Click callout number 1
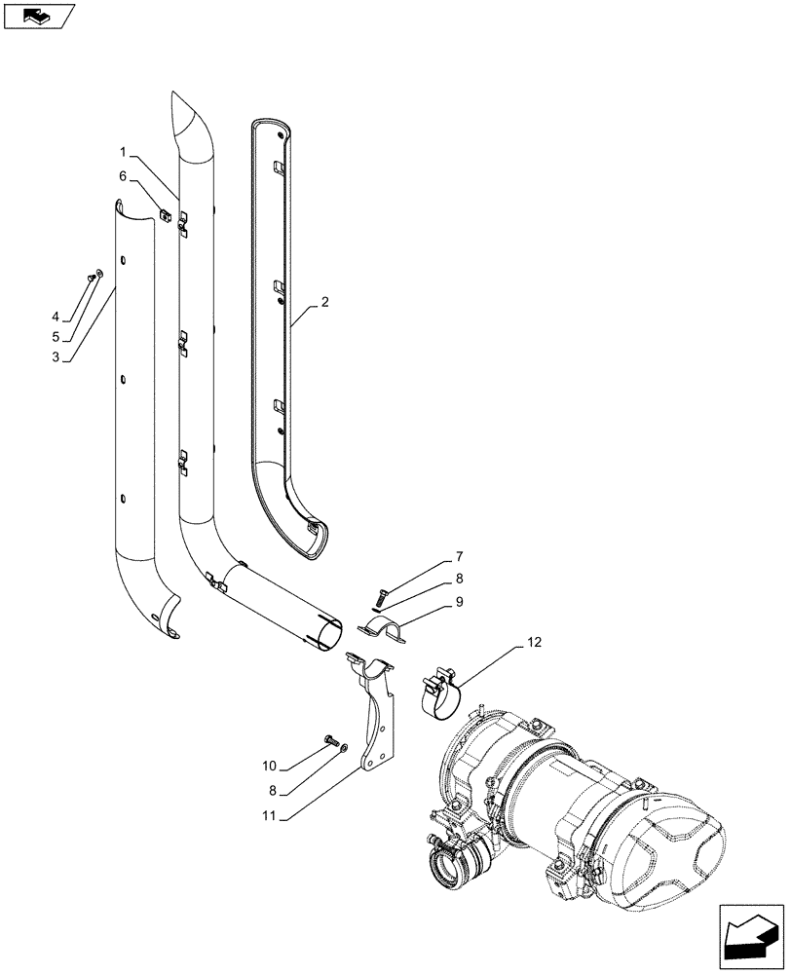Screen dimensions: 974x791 pos(124,152)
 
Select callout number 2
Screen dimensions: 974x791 pos(324,302)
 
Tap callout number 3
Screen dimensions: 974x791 pos(56,357)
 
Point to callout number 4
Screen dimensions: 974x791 pos(56,317)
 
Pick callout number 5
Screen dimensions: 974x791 pos(56,337)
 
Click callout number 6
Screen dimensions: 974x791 pos(124,176)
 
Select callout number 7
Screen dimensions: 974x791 pos(458,558)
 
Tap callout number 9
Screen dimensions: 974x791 pos(458,603)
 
